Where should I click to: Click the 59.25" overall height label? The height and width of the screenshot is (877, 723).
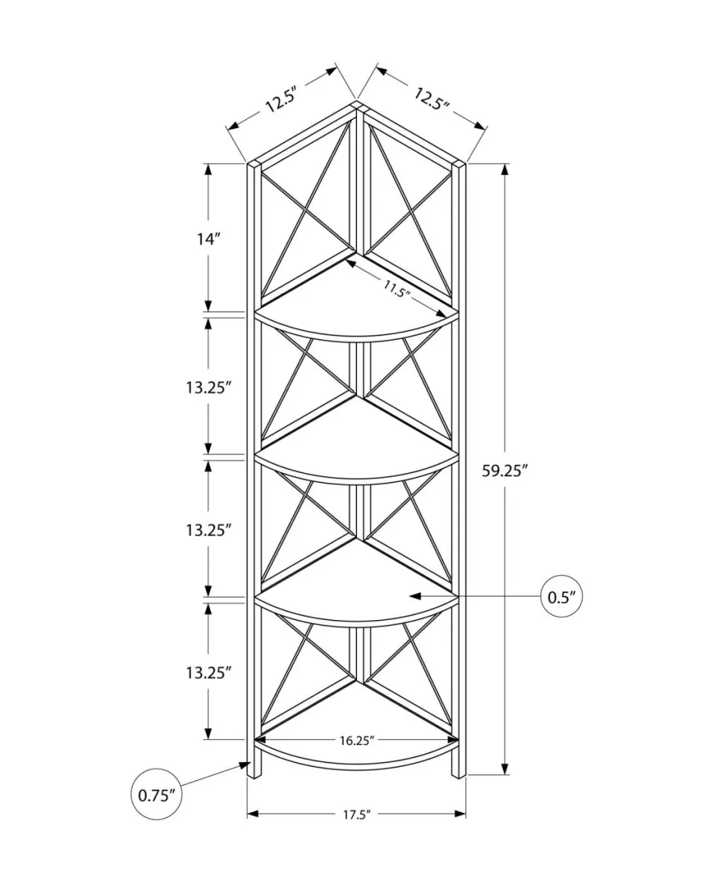(505, 471)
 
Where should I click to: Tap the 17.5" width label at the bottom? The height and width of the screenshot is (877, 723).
(356, 814)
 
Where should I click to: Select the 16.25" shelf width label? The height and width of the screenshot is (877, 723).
(356, 741)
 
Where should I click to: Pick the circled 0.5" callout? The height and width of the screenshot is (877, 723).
(561, 596)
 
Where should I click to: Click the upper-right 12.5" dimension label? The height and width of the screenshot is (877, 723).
(432, 99)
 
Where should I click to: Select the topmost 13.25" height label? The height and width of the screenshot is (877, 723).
(208, 387)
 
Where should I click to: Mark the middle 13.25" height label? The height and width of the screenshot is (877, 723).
(208, 529)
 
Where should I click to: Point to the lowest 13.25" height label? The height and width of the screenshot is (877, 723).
(208, 672)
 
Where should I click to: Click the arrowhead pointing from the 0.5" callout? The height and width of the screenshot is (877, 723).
(414, 596)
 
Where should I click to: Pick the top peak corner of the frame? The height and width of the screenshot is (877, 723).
(357, 104)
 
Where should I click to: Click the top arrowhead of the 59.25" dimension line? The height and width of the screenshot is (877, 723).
(505, 168)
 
